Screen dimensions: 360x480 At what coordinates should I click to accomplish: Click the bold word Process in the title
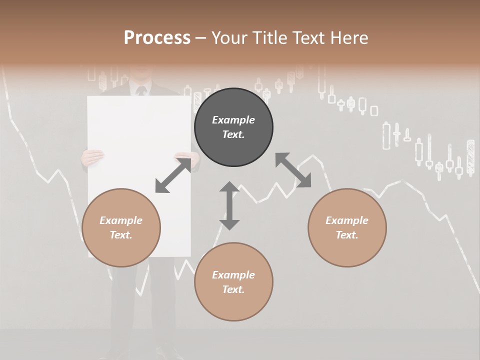pyautogui.click(x=157, y=38)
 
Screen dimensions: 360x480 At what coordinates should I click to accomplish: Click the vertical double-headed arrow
pyautogui.click(x=229, y=205)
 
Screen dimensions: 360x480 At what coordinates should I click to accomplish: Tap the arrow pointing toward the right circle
pyautogui.click(x=293, y=170)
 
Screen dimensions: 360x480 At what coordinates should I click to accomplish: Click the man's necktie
pyautogui.click(x=141, y=91)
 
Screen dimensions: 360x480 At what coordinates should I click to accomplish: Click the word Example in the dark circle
pyautogui.click(x=233, y=120)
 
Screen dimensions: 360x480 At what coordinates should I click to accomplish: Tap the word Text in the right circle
pyautogui.click(x=347, y=235)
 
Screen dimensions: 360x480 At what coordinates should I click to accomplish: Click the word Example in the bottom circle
pyautogui.click(x=233, y=275)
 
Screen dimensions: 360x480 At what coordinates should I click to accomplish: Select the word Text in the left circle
pyautogui.click(x=121, y=235)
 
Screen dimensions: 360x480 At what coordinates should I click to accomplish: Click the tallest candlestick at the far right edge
pyautogui.click(x=470, y=157)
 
